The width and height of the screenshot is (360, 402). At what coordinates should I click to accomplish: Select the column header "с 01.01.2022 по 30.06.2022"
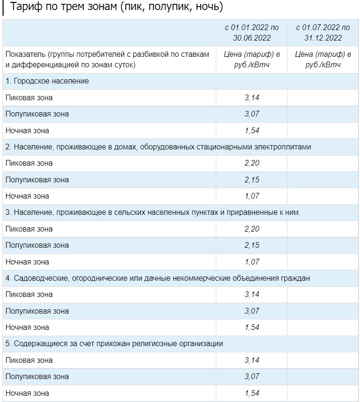tap(252, 32)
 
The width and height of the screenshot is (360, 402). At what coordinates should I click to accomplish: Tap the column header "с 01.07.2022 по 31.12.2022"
tap(323, 32)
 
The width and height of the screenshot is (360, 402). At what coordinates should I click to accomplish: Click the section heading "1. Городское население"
tap(47, 81)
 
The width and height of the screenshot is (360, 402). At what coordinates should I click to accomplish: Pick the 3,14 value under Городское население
tap(252, 98)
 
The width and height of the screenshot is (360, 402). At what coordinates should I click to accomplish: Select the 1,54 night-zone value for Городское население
tap(252, 130)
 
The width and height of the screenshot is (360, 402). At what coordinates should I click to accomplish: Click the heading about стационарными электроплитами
tap(158, 147)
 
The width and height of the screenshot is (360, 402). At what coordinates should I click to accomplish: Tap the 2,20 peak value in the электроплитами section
tap(252, 163)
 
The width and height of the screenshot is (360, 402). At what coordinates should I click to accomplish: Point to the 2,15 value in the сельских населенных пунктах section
tap(252, 245)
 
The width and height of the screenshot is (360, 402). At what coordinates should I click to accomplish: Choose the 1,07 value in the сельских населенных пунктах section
tap(252, 262)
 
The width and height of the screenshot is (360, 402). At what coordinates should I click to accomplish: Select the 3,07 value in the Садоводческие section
tap(252, 311)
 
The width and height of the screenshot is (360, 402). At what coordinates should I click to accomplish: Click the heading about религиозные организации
tap(114, 344)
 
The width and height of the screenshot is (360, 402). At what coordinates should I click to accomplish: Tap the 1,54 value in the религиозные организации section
tap(252, 393)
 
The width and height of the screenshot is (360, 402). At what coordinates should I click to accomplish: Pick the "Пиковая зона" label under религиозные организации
tap(29, 360)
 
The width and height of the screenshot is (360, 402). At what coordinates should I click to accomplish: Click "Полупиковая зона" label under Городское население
tap(37, 114)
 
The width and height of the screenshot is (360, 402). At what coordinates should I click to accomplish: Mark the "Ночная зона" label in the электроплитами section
tap(27, 196)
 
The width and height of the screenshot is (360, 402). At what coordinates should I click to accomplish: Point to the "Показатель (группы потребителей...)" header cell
tap(107, 60)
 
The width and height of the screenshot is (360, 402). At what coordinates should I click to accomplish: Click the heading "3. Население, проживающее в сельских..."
tap(153, 212)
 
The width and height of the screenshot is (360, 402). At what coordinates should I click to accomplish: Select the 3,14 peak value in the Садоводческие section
tap(252, 295)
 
